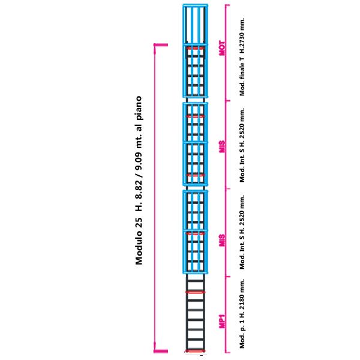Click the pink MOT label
pos(222,48)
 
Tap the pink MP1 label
pos(222,321)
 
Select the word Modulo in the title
pos(139,248)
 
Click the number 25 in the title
pos(139,223)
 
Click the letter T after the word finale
pos(242,59)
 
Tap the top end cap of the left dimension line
pos(161,45)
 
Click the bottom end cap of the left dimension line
pos(161,351)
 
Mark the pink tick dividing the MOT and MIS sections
pos(228,101)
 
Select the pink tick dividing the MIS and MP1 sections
pos(228,277)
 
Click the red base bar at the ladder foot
pos(195,351)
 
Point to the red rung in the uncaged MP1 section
pos(195,292)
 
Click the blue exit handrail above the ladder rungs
pos(196,25)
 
